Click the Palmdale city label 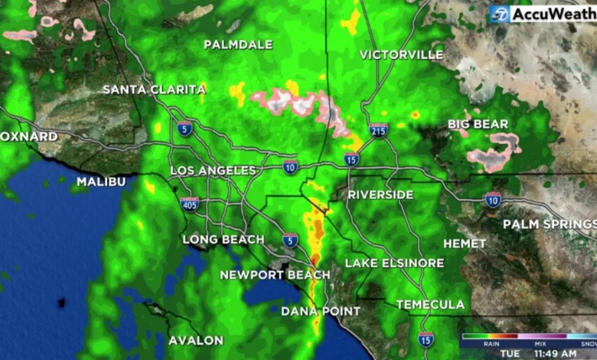pos(238,44)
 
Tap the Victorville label pos(401,54)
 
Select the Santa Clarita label pos(155,90)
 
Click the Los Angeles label pos(213,170)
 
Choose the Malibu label pos(100,182)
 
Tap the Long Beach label pos(223,240)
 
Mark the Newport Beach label pos(275,274)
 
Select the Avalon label pos(196,340)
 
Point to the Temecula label pos(430,304)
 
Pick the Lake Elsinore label pos(394,263)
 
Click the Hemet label pos(465,243)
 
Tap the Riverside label pos(380,195)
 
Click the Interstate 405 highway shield pos(190,204)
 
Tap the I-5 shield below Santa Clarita pos(184,128)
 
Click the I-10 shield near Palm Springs pos(493,200)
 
